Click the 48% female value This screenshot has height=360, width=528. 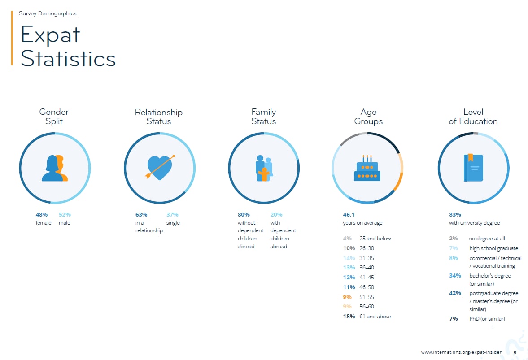tap(41, 214)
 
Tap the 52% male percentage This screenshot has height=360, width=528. tap(65, 214)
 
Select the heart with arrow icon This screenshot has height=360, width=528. tap(160, 168)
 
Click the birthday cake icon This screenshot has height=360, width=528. tap(367, 168)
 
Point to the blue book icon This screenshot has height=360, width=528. tap(473, 168)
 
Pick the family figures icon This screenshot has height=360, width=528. tap(264, 168)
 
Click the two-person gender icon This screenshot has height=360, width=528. tap(55, 168)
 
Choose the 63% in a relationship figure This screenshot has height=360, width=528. tap(141, 214)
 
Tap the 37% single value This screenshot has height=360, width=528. tap(172, 214)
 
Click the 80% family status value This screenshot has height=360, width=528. tap(244, 214)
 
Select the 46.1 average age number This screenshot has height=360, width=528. tap(349, 214)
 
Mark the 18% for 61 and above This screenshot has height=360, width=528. tap(349, 316)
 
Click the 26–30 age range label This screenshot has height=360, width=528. tap(367, 248)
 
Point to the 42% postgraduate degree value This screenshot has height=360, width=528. tap(455, 293)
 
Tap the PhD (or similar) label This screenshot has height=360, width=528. tap(487, 319)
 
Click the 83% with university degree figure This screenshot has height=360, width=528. tap(455, 214)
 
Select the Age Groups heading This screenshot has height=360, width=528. tap(368, 117)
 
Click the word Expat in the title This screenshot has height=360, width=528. tap(51, 35)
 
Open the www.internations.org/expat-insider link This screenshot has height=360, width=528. tap(461, 352)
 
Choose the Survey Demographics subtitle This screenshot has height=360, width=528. tap(48, 13)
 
